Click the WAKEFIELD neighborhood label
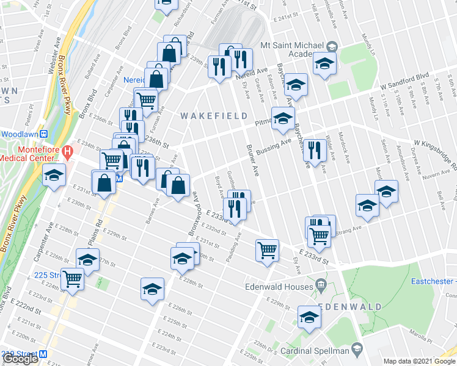214,115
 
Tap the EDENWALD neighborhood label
349,306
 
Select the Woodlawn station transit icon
44,134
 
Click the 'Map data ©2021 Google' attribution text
419,361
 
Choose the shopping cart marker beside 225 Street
72,279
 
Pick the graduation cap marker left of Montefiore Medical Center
54,176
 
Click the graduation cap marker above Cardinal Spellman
309,317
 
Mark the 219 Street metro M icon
43,354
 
